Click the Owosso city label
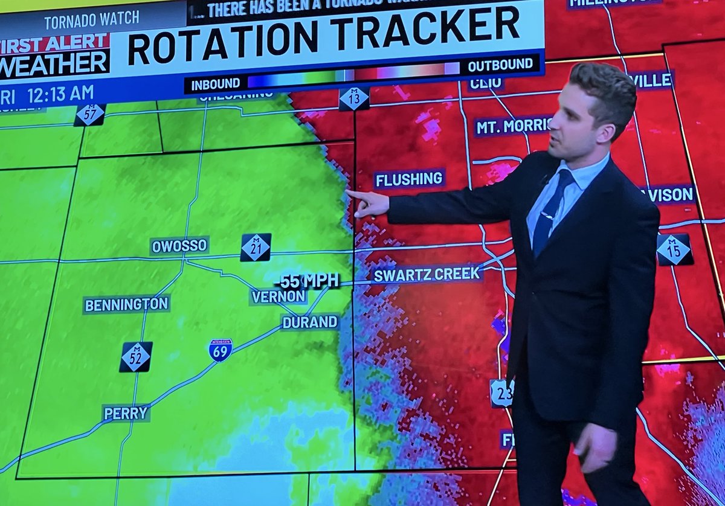pos(179,246)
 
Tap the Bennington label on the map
pos(126,304)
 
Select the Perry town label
pos(126,413)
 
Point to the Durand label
pos(310,322)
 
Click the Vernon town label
pos(279,296)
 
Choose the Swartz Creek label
pos(427,275)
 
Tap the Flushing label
pos(409,179)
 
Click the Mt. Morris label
pos(513,126)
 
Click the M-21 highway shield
pos(256,248)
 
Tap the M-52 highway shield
pos(135,357)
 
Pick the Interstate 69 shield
pos(221,350)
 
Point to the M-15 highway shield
pos(674,249)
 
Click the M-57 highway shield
pos(90,114)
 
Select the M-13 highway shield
pos(354,98)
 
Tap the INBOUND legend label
pos(216,85)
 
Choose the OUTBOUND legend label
pos(500,65)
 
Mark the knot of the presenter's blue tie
pos(564,179)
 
